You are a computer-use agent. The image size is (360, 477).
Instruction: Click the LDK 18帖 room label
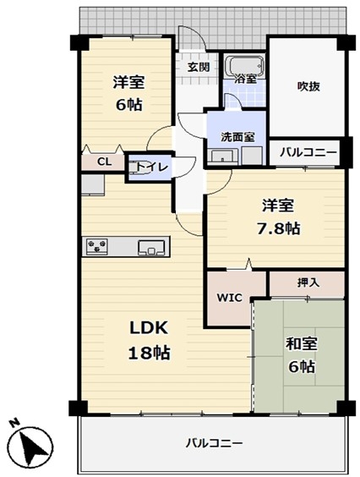point(149,340)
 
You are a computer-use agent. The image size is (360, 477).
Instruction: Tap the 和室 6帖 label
point(301,354)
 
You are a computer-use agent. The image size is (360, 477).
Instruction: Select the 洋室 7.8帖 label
point(278,217)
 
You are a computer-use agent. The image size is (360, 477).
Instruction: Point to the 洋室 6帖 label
point(128,93)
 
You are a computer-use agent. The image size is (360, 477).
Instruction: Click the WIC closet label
point(230,297)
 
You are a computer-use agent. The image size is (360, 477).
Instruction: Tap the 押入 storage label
point(308,282)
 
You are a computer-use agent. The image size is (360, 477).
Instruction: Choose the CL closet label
point(104,162)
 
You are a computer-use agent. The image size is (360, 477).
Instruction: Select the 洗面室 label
point(237,138)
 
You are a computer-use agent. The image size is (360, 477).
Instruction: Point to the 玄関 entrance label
point(199,67)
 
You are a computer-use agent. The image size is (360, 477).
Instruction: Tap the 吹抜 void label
point(308,87)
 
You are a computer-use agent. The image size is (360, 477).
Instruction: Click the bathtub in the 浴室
point(245,65)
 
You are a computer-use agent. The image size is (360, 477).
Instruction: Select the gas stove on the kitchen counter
point(97,246)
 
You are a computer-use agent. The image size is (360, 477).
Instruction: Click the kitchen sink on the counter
point(151,247)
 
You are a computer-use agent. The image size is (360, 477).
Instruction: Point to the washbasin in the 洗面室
point(222,156)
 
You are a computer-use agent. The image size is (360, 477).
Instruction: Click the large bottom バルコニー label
point(215,443)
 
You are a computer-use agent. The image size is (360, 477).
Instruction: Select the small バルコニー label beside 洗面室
point(308,152)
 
